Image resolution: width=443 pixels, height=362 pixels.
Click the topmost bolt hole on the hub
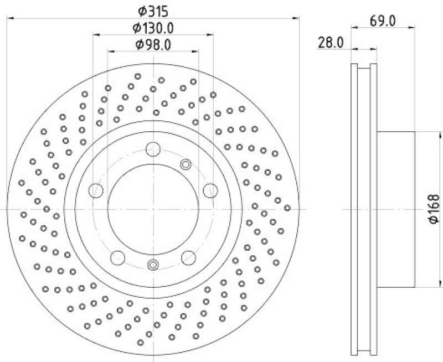coord(153,148)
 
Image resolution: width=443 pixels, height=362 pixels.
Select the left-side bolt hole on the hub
coord(97,190)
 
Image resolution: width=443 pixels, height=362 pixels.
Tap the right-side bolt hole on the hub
coord(209,190)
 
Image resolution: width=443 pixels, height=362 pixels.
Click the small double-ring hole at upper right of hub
coord(186,164)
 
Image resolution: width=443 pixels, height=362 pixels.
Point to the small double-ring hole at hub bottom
coord(153,265)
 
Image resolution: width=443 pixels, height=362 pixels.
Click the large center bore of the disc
coord(153,209)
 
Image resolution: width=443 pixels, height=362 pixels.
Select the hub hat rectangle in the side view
coord(395,209)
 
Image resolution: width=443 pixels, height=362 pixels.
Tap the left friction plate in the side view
coord(355,209)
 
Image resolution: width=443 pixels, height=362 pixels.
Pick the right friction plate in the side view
coord(374,209)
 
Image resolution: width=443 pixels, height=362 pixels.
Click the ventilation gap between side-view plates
coord(364,209)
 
